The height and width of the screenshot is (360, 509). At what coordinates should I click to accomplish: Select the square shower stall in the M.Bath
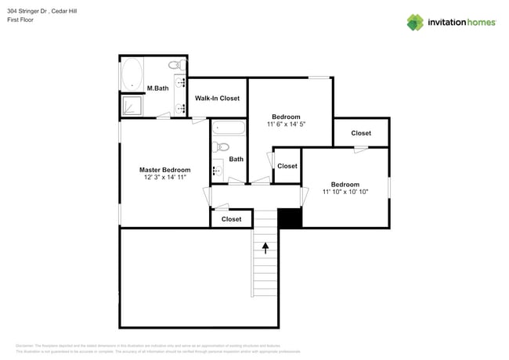[x=131, y=105]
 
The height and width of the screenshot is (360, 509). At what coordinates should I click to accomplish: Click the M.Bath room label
[x=157, y=88]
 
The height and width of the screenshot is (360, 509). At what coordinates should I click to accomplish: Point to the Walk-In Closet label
[x=217, y=98]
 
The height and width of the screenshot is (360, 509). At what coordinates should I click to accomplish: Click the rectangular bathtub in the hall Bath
[x=229, y=128]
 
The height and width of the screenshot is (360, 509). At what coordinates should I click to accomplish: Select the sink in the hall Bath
[x=218, y=169]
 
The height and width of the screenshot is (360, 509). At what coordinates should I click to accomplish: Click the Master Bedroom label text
[x=164, y=170]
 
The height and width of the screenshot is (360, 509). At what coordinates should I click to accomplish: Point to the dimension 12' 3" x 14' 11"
[x=164, y=178]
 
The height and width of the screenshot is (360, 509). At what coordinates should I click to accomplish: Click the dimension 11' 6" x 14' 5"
[x=286, y=124]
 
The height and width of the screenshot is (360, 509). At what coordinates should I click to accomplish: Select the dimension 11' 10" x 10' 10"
[x=345, y=192]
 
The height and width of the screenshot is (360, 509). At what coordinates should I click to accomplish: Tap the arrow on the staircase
[x=265, y=247]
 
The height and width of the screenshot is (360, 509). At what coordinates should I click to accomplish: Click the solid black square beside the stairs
[x=290, y=218]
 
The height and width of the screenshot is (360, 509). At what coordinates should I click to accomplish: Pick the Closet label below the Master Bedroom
[x=231, y=219]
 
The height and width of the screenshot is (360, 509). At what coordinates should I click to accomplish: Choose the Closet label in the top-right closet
[x=361, y=133]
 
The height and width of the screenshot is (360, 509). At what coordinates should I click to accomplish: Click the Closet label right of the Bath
[x=287, y=166]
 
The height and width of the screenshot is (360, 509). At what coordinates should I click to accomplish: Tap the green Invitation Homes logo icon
[x=415, y=22]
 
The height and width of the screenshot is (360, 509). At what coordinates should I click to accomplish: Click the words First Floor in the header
[x=21, y=20]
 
